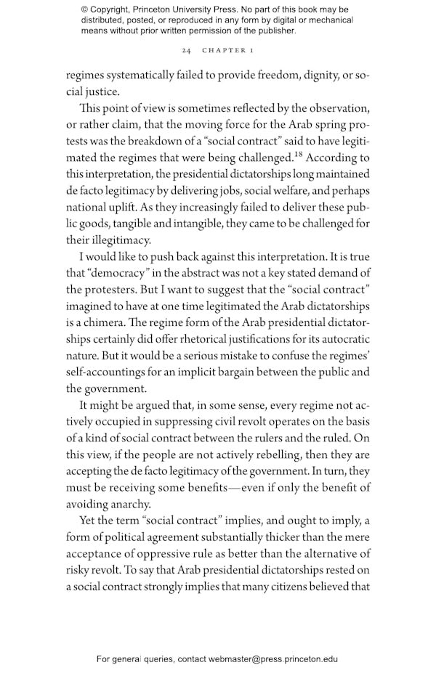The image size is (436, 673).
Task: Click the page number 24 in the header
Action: pos(187,52)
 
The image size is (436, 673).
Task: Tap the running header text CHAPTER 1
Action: pos(227,52)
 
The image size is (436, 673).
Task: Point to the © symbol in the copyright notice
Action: pos(85,9)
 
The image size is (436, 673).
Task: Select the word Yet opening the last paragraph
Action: pos(89,521)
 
